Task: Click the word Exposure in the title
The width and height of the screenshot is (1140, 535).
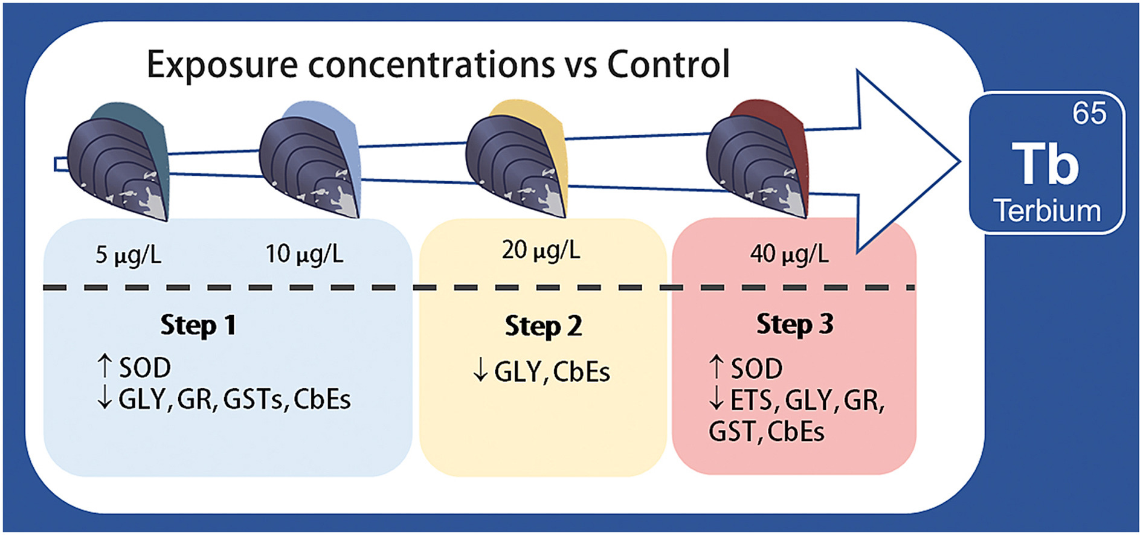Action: pyautogui.click(x=222, y=65)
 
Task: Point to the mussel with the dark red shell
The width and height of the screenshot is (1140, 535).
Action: pyautogui.click(x=758, y=160)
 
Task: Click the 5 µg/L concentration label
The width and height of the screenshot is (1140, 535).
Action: pyautogui.click(x=129, y=255)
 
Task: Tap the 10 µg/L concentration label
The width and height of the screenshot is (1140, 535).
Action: pyautogui.click(x=304, y=254)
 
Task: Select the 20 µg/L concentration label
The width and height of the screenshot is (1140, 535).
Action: pyautogui.click(x=541, y=250)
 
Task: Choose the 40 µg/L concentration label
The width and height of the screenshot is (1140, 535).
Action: pyautogui.click(x=789, y=254)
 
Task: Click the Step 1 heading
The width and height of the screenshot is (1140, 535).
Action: pyautogui.click(x=198, y=325)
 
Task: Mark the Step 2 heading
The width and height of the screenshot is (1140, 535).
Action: pyautogui.click(x=543, y=326)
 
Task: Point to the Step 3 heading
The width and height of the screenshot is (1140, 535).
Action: pyautogui.click(x=794, y=324)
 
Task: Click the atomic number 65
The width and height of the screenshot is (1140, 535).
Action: pyautogui.click(x=1089, y=113)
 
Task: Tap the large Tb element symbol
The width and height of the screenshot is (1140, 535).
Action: pyautogui.click(x=1045, y=164)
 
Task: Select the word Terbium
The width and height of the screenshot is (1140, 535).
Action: pyautogui.click(x=1048, y=211)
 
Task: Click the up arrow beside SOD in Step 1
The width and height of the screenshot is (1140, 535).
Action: pyautogui.click(x=105, y=367)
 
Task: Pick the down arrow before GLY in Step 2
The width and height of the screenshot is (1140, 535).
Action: pyautogui.click(x=480, y=370)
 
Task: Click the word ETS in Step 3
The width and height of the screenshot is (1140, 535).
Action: pyautogui.click(x=751, y=400)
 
